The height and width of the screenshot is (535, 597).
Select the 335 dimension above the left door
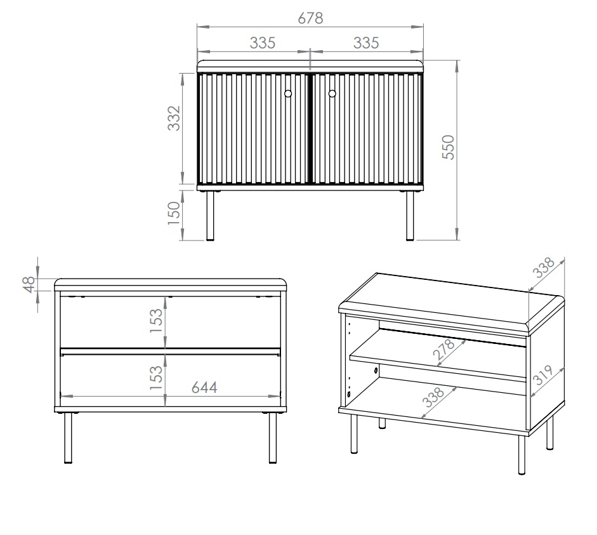coord(262,43)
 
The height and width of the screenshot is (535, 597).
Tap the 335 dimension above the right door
coord(366,43)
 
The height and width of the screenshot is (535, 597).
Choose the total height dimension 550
coord(447,147)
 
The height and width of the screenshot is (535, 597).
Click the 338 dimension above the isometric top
coord(544,269)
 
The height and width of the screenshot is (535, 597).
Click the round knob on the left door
coord(288,94)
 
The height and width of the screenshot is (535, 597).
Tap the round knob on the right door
coord(332,94)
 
